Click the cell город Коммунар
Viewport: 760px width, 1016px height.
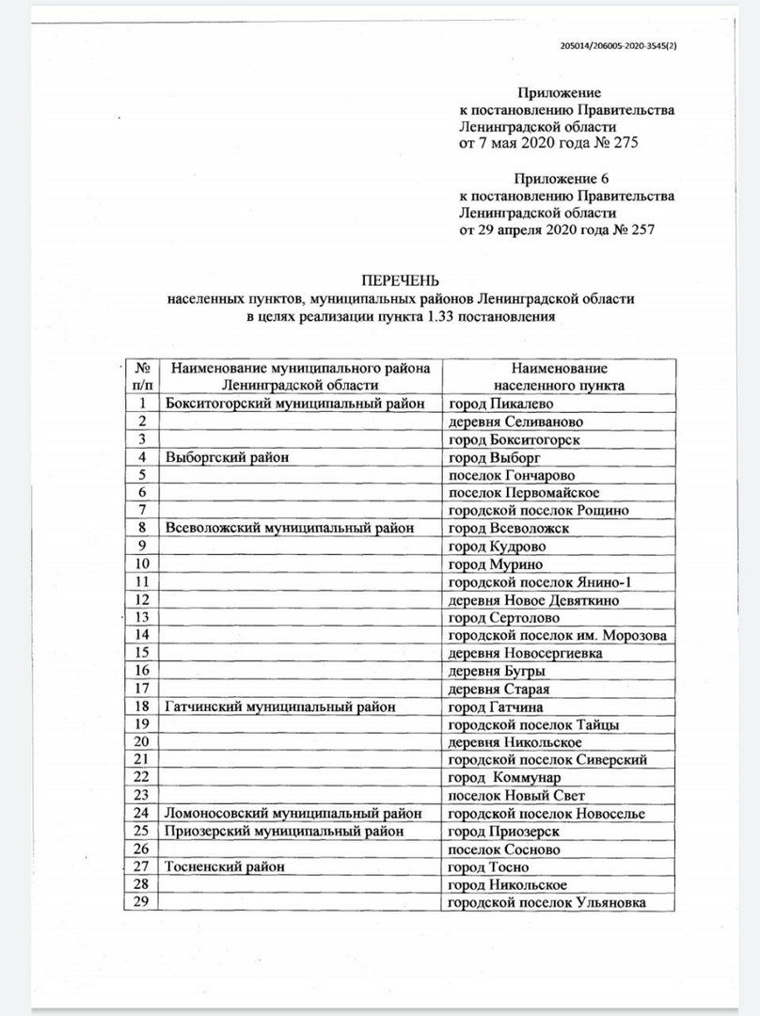tap(504, 778)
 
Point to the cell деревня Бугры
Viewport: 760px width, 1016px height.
tap(497, 671)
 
